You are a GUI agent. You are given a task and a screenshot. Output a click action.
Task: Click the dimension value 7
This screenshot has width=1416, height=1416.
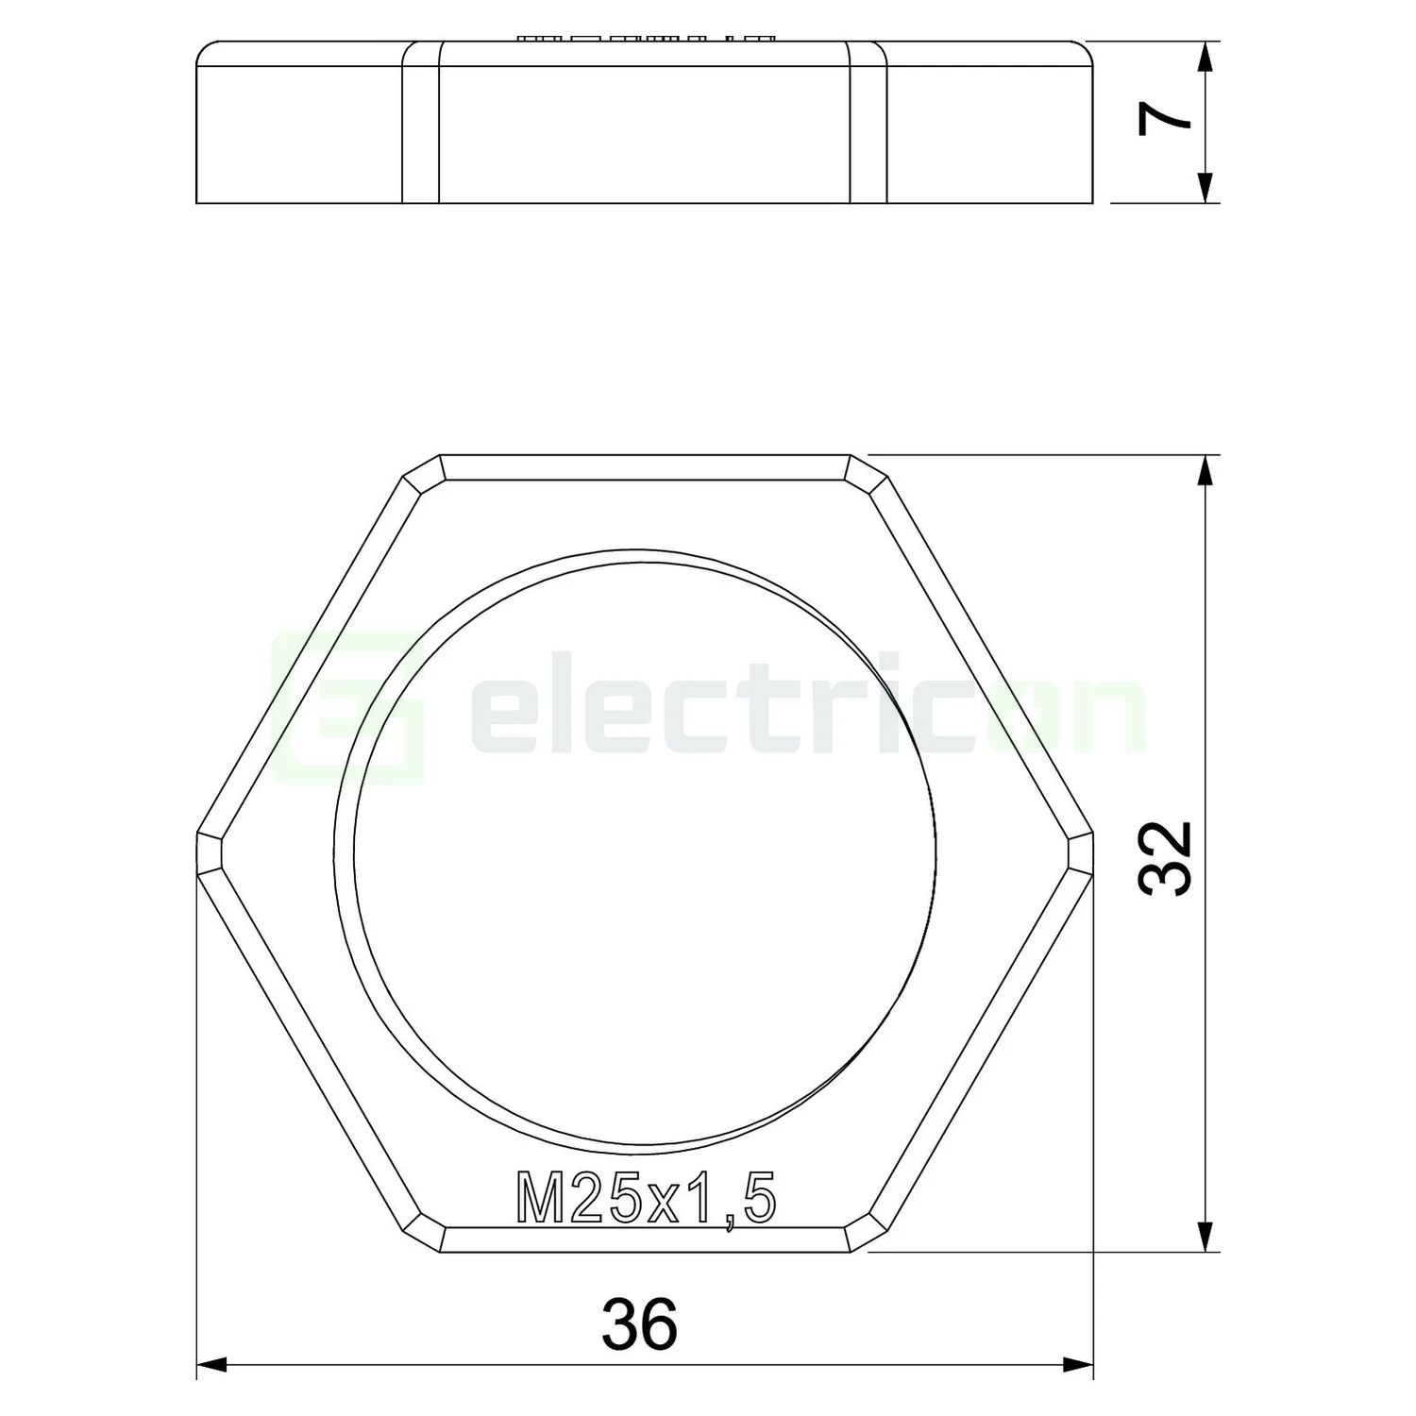(1165, 120)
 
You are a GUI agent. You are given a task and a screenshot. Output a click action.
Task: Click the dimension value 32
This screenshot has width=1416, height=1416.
(1167, 857)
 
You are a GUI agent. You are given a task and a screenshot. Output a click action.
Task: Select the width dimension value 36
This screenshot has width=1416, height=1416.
(639, 1323)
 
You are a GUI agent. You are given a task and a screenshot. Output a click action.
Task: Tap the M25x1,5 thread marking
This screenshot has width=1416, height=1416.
(647, 1199)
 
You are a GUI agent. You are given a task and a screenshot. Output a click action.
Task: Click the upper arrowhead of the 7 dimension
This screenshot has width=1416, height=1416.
(1204, 59)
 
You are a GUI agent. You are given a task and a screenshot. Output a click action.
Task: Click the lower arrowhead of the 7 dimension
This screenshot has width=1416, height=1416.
(1204, 187)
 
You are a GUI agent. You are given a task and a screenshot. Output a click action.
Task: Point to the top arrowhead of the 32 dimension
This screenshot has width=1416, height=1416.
(1204, 472)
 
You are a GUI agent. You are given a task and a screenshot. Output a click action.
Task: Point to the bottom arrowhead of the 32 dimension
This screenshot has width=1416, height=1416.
(1204, 1236)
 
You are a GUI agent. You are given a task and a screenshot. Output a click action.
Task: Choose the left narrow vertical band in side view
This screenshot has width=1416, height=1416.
(421, 123)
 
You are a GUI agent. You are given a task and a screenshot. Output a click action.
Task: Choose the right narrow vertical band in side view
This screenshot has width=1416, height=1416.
(868, 123)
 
